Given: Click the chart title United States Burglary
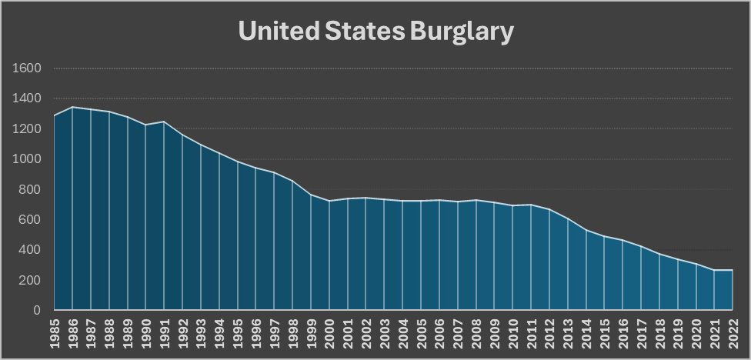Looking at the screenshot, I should point(375,31).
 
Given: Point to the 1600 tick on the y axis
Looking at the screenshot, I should point(27,68).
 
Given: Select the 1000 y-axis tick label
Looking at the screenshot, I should point(27,159).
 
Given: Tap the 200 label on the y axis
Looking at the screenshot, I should point(30,280).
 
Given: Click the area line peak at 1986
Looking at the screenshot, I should point(72,107).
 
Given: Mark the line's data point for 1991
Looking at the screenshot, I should point(164,122).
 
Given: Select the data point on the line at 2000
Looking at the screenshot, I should point(329,201).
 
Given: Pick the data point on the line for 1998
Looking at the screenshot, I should point(292,181).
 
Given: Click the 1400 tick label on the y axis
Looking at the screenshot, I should point(27,98).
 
